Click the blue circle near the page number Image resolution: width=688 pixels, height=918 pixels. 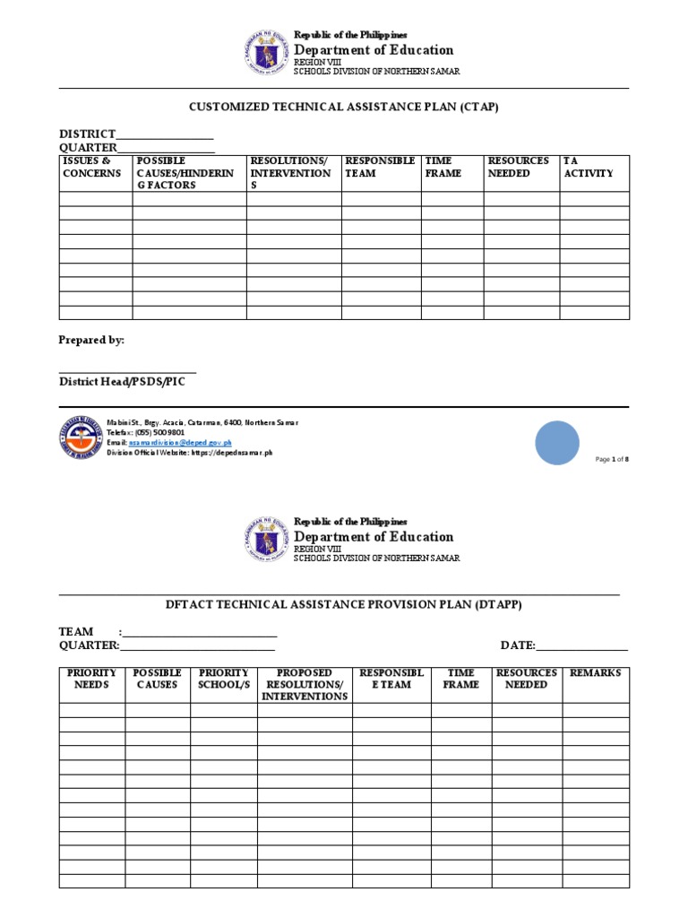tap(557, 443)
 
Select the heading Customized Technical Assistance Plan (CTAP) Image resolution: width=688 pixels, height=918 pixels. tap(343, 107)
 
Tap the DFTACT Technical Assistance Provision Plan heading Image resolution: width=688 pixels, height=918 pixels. tap(343, 605)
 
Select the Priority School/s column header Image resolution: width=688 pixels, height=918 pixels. tap(223, 679)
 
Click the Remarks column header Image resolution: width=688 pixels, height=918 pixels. tap(595, 672)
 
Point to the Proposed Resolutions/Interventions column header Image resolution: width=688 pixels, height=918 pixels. tap(305, 684)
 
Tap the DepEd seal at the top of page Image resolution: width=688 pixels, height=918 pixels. tap(267, 53)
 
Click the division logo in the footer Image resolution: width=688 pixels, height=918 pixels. tap(81, 438)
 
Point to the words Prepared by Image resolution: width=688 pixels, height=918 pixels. tap(91, 341)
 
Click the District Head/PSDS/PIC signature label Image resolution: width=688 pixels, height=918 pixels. tap(123, 381)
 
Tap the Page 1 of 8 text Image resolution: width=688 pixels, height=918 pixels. tap(619, 459)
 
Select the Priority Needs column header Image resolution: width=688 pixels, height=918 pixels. tap(91, 679)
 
